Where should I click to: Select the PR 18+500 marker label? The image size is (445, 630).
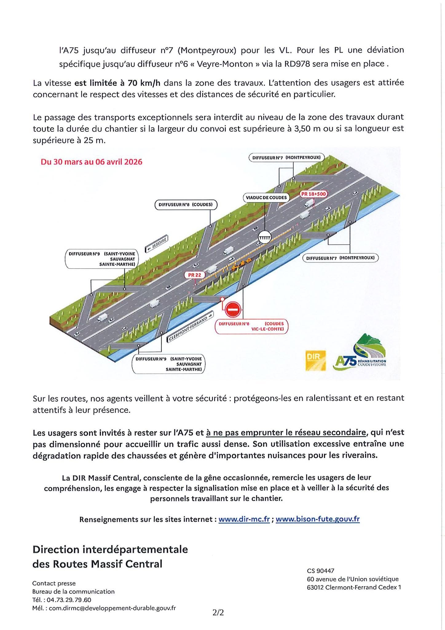pos(313,194)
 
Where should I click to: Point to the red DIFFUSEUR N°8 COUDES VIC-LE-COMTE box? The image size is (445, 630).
pos(251,327)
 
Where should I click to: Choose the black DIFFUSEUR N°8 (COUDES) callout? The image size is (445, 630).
pos(186,205)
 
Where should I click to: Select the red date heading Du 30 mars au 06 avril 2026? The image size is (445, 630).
pos(92,162)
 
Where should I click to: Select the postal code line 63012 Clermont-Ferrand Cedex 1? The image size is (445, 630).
pos(354,587)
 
